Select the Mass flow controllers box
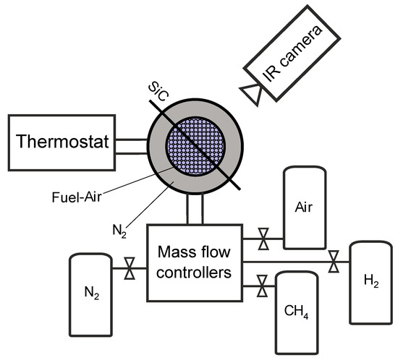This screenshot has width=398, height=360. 193,263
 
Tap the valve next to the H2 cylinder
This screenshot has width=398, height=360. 334,262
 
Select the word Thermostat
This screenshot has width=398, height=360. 57,142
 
